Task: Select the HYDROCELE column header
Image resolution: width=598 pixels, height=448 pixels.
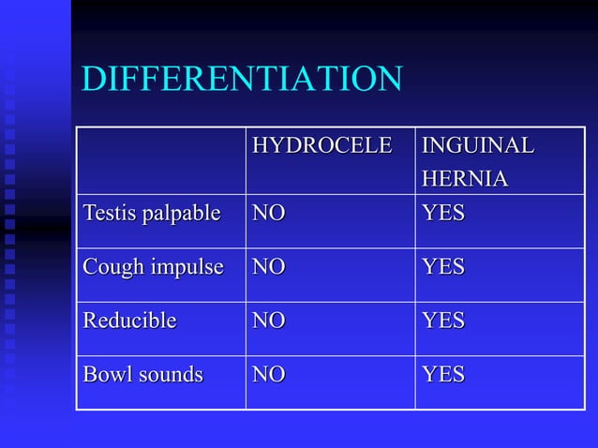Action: (321, 146)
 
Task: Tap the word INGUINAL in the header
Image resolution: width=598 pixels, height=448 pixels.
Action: (478, 146)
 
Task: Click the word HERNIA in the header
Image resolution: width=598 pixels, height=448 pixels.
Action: (465, 178)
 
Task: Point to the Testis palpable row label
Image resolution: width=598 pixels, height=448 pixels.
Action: (151, 214)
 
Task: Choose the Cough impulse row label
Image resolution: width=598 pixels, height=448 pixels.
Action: (153, 267)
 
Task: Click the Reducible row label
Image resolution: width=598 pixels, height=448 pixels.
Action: (129, 321)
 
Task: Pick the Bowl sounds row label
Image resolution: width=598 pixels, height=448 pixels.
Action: (142, 375)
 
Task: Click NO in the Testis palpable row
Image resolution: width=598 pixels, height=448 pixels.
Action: (268, 214)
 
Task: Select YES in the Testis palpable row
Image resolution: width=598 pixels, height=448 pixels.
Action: (443, 214)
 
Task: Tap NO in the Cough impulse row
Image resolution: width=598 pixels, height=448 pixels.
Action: (268, 267)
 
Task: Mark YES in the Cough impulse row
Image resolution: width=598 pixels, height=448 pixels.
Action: (443, 267)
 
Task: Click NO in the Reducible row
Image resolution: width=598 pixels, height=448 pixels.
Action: (268, 321)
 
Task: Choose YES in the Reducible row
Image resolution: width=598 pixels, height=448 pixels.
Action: (443, 321)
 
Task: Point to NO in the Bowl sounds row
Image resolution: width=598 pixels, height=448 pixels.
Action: (268, 375)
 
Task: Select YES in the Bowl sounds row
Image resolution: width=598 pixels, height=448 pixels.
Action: (443, 375)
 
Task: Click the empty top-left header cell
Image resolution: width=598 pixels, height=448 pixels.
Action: (160, 160)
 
